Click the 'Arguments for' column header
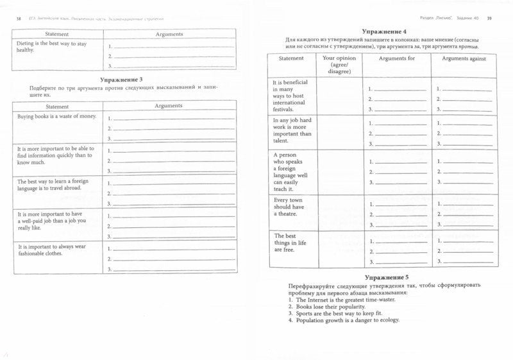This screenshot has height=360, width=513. point(397,59)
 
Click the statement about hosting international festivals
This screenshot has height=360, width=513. point(292,96)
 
